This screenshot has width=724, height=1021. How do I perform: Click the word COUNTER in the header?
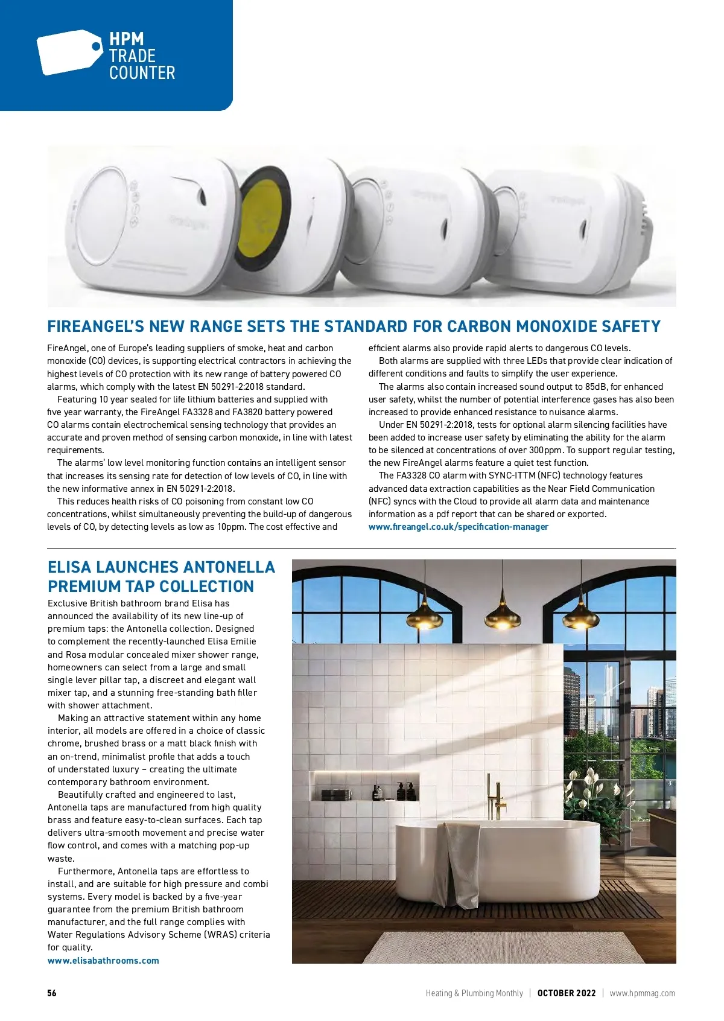(x=142, y=73)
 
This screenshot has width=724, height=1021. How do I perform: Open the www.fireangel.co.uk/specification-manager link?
(x=459, y=527)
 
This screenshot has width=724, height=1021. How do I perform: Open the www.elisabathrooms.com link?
(x=103, y=961)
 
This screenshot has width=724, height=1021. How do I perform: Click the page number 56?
(x=52, y=993)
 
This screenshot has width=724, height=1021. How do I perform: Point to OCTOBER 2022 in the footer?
(x=566, y=993)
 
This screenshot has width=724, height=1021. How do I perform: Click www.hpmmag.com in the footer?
(x=642, y=993)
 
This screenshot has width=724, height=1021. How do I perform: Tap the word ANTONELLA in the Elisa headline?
(x=229, y=567)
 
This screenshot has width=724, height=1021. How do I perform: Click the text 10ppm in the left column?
(x=231, y=527)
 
